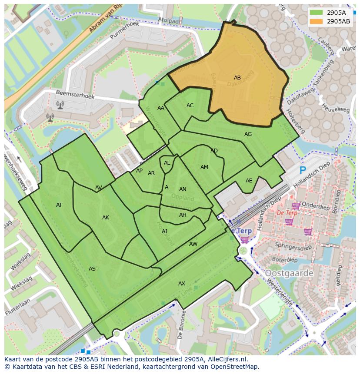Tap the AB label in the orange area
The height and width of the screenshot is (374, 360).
237,78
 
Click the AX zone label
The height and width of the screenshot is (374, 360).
182,284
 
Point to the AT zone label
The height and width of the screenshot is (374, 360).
59,205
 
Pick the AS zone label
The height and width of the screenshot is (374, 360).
92,269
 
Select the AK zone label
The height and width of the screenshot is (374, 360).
106,218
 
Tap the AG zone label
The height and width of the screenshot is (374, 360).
248,134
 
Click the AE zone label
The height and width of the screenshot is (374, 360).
249,181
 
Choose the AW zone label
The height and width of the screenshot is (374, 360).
193,244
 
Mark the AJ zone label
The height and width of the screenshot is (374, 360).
164,232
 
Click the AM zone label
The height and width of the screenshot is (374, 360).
204,167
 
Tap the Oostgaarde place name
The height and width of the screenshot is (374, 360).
289,273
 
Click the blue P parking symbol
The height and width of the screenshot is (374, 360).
303,170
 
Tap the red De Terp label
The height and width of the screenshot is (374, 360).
287,213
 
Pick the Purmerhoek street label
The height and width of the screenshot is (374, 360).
124,30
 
